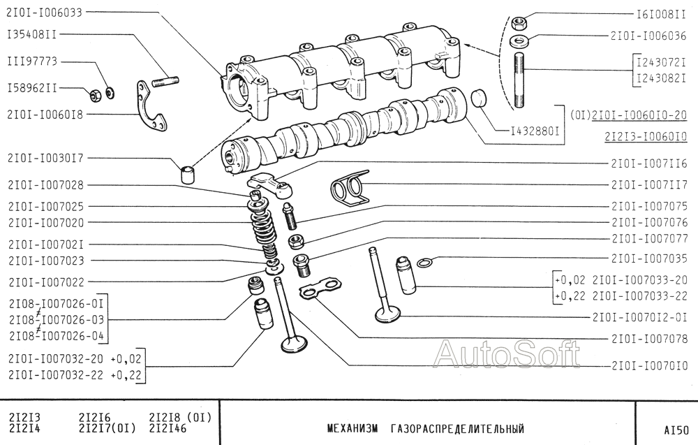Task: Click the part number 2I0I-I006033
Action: pos(45,13)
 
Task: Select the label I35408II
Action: pos(32,34)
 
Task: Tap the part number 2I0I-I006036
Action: pos(648,36)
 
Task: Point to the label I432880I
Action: pos(535,132)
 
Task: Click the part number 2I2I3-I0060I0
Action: pos(646,136)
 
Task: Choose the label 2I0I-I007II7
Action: pos(649,184)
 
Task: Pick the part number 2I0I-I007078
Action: pos(649,339)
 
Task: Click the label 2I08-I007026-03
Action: pos(57,320)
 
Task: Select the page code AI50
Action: pos(676,430)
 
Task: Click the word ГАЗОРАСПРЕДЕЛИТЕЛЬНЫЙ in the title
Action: pos(457,429)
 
